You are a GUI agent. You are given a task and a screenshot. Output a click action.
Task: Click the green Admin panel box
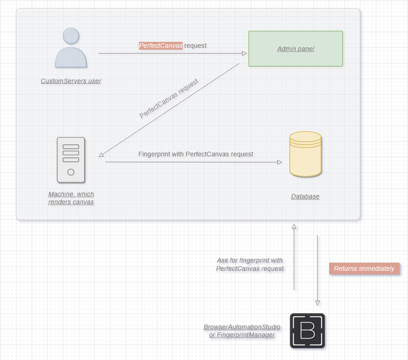tap(295, 49)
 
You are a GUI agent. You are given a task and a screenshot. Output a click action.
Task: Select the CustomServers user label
tap(71, 81)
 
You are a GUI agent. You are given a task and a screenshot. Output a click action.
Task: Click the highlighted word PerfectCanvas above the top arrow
tap(161, 46)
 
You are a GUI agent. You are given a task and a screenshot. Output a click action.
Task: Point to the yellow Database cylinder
tap(305, 154)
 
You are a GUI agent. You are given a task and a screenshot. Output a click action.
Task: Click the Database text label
tap(305, 196)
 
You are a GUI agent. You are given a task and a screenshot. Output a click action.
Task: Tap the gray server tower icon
tap(71, 160)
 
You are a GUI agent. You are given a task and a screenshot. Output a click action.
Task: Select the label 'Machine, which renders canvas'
tap(71, 198)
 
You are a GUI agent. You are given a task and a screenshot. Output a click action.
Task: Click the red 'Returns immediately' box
tap(364, 269)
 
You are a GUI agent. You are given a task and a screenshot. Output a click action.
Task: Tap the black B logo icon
tap(307, 331)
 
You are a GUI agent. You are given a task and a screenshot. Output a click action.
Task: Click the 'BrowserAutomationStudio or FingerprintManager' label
tap(242, 331)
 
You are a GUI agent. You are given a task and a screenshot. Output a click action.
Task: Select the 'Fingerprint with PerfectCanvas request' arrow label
tap(195, 154)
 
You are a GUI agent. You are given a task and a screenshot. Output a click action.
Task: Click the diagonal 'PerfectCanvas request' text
tap(169, 98)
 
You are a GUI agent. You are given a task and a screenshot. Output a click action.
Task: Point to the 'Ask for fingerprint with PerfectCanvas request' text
tap(250, 264)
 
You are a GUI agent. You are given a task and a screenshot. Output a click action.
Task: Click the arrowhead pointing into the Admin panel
tap(244, 53)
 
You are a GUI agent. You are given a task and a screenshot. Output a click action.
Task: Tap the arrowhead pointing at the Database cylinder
tap(279, 162)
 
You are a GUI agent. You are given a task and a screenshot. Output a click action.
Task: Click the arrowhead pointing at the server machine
tap(102, 155)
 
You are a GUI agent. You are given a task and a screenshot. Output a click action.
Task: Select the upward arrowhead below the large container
tap(294, 226)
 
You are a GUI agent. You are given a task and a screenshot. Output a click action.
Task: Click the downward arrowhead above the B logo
tap(317, 303)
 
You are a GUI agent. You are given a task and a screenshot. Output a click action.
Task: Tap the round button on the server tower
tap(71, 172)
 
